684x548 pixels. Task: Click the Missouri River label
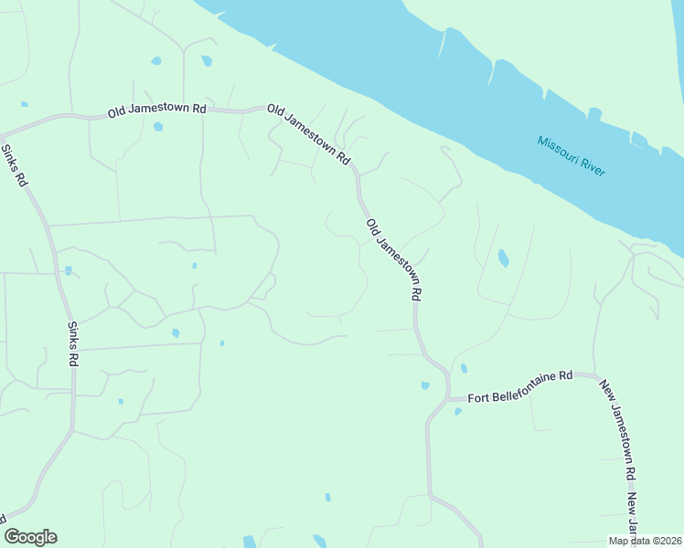(572, 157)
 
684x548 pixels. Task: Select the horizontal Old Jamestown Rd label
(157, 110)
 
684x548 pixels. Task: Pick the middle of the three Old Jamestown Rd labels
(309, 134)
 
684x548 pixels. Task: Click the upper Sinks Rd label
(15, 166)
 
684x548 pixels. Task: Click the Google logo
(30, 537)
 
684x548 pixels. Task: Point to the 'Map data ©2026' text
(646, 541)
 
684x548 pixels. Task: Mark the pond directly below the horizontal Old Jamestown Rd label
(158, 127)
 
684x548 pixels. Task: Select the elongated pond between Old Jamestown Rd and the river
(503, 258)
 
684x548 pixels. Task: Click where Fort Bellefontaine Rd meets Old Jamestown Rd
(448, 399)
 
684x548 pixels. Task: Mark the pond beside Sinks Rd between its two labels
(68, 270)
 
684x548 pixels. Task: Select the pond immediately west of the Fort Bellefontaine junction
(425, 385)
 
